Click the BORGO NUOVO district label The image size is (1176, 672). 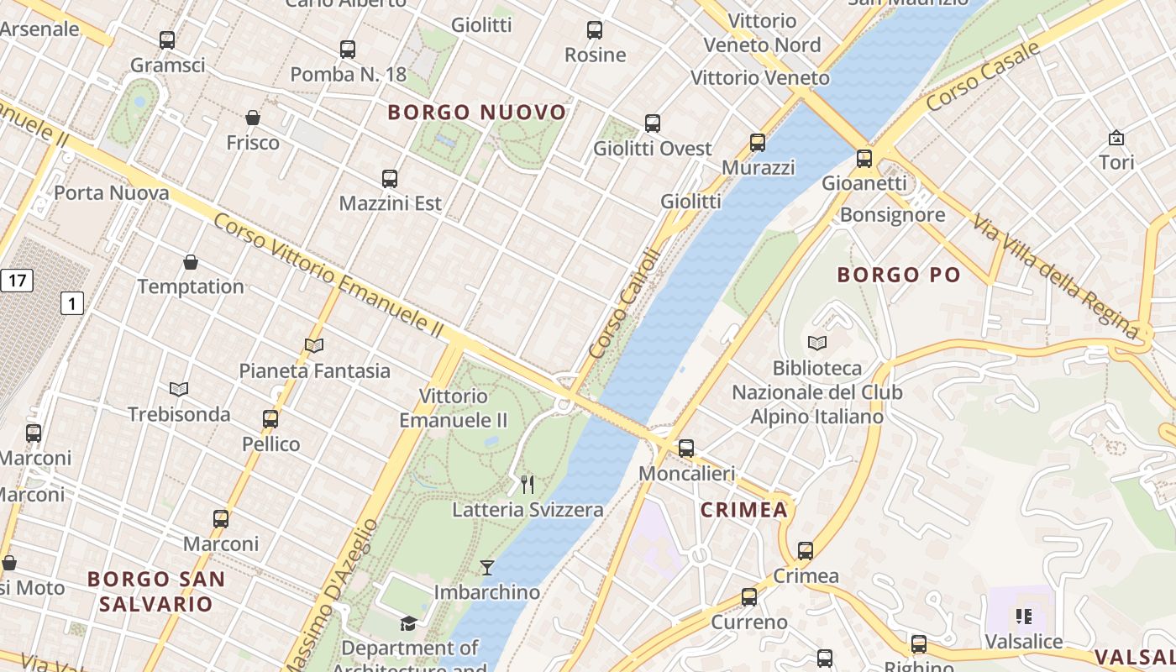click(477, 112)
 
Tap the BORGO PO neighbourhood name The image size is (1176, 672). click(899, 275)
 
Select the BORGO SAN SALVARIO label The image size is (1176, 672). click(156, 591)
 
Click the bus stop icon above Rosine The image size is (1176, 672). click(595, 30)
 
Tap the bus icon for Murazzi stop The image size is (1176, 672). click(758, 142)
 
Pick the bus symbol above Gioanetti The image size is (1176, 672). click(864, 158)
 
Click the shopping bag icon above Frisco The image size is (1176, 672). click(253, 118)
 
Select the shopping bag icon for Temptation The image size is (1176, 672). click(191, 262)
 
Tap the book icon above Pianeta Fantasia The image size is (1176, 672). click(314, 345)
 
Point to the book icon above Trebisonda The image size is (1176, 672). click(179, 389)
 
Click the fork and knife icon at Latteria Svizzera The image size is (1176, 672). click(528, 485)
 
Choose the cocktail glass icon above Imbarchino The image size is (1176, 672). click(487, 568)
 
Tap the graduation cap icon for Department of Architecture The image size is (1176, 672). click(408, 623)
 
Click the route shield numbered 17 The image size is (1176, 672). click(16, 280)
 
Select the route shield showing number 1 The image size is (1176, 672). click(72, 303)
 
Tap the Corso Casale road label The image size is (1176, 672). click(983, 76)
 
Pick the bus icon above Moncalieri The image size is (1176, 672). click(686, 449)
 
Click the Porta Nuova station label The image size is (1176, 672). click(112, 192)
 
